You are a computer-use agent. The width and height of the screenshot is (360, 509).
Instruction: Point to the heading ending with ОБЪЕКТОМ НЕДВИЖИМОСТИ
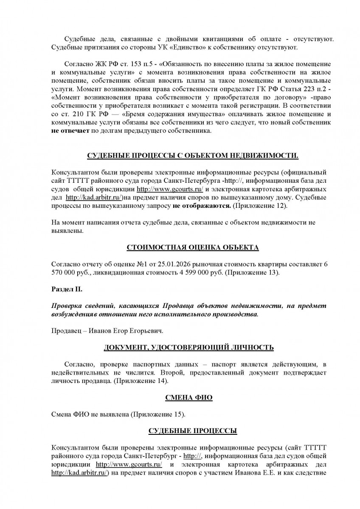tap(193, 156)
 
